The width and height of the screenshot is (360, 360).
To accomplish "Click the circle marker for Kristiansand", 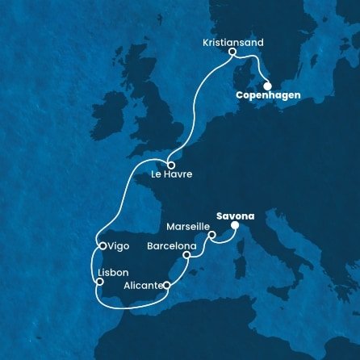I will coord(232,52).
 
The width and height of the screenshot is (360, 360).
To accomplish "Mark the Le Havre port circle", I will coord(170,164).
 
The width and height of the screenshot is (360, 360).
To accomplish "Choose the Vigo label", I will coord(119,245).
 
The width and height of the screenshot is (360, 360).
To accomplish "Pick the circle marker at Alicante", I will coord(166,285).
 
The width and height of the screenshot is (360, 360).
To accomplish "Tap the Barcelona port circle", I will coord(187,256).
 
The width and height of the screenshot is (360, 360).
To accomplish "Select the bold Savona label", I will coord(236,216).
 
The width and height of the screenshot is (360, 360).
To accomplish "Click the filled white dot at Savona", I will coord(234,227).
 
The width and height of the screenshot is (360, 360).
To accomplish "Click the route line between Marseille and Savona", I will coord(224,241).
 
